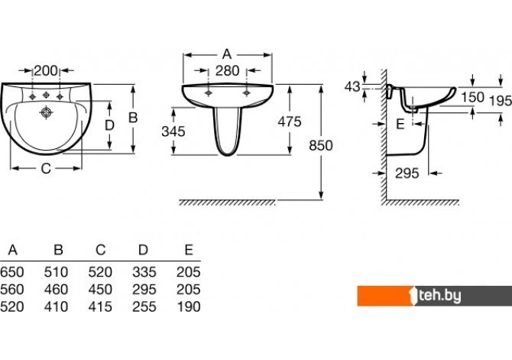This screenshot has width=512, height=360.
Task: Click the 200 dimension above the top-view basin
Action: coord(46,70)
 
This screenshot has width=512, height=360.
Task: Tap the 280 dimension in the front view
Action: coord(227,70)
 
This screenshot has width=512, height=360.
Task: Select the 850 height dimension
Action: coord(321,145)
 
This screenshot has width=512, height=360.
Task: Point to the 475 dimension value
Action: coord(290,122)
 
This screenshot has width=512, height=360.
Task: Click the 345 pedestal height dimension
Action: coord(173,131)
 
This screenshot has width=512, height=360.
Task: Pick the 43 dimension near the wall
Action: coord(352,86)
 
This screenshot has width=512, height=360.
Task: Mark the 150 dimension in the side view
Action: coord(472,97)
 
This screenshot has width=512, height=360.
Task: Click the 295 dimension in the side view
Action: coord(407,174)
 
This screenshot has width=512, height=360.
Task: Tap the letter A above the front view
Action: coord(227,54)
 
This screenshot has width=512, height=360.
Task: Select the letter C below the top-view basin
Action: coord(46,169)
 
